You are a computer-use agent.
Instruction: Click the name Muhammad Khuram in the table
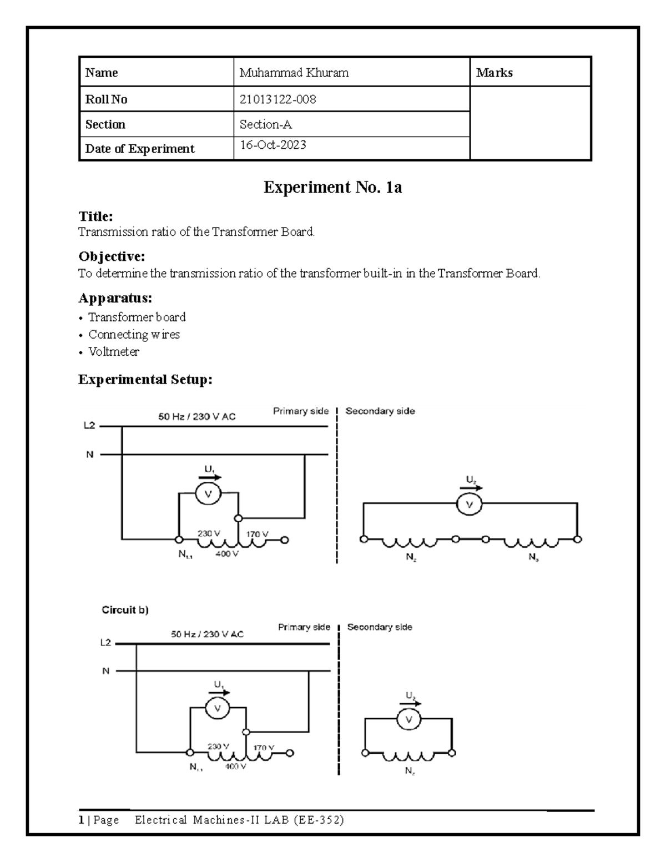click(x=294, y=73)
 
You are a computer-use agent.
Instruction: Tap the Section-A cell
click(x=266, y=124)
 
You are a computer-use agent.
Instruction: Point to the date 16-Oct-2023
click(x=273, y=145)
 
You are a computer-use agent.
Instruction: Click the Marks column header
click(x=494, y=73)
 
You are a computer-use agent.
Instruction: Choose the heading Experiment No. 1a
click(x=332, y=188)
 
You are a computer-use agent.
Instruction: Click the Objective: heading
click(x=112, y=256)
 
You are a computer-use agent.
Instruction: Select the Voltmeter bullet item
click(x=114, y=352)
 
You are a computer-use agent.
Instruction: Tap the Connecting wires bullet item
click(x=134, y=335)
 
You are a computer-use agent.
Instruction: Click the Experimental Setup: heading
click(x=145, y=380)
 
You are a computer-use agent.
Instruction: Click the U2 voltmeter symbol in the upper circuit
click(x=470, y=505)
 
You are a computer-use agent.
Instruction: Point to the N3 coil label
click(x=533, y=559)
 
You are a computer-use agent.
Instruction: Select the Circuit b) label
click(x=125, y=610)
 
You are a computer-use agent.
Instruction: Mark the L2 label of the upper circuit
click(x=90, y=426)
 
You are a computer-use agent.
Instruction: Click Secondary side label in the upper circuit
click(x=380, y=411)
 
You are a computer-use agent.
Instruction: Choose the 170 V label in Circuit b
click(x=264, y=748)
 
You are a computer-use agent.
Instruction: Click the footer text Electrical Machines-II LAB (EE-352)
click(x=239, y=820)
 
